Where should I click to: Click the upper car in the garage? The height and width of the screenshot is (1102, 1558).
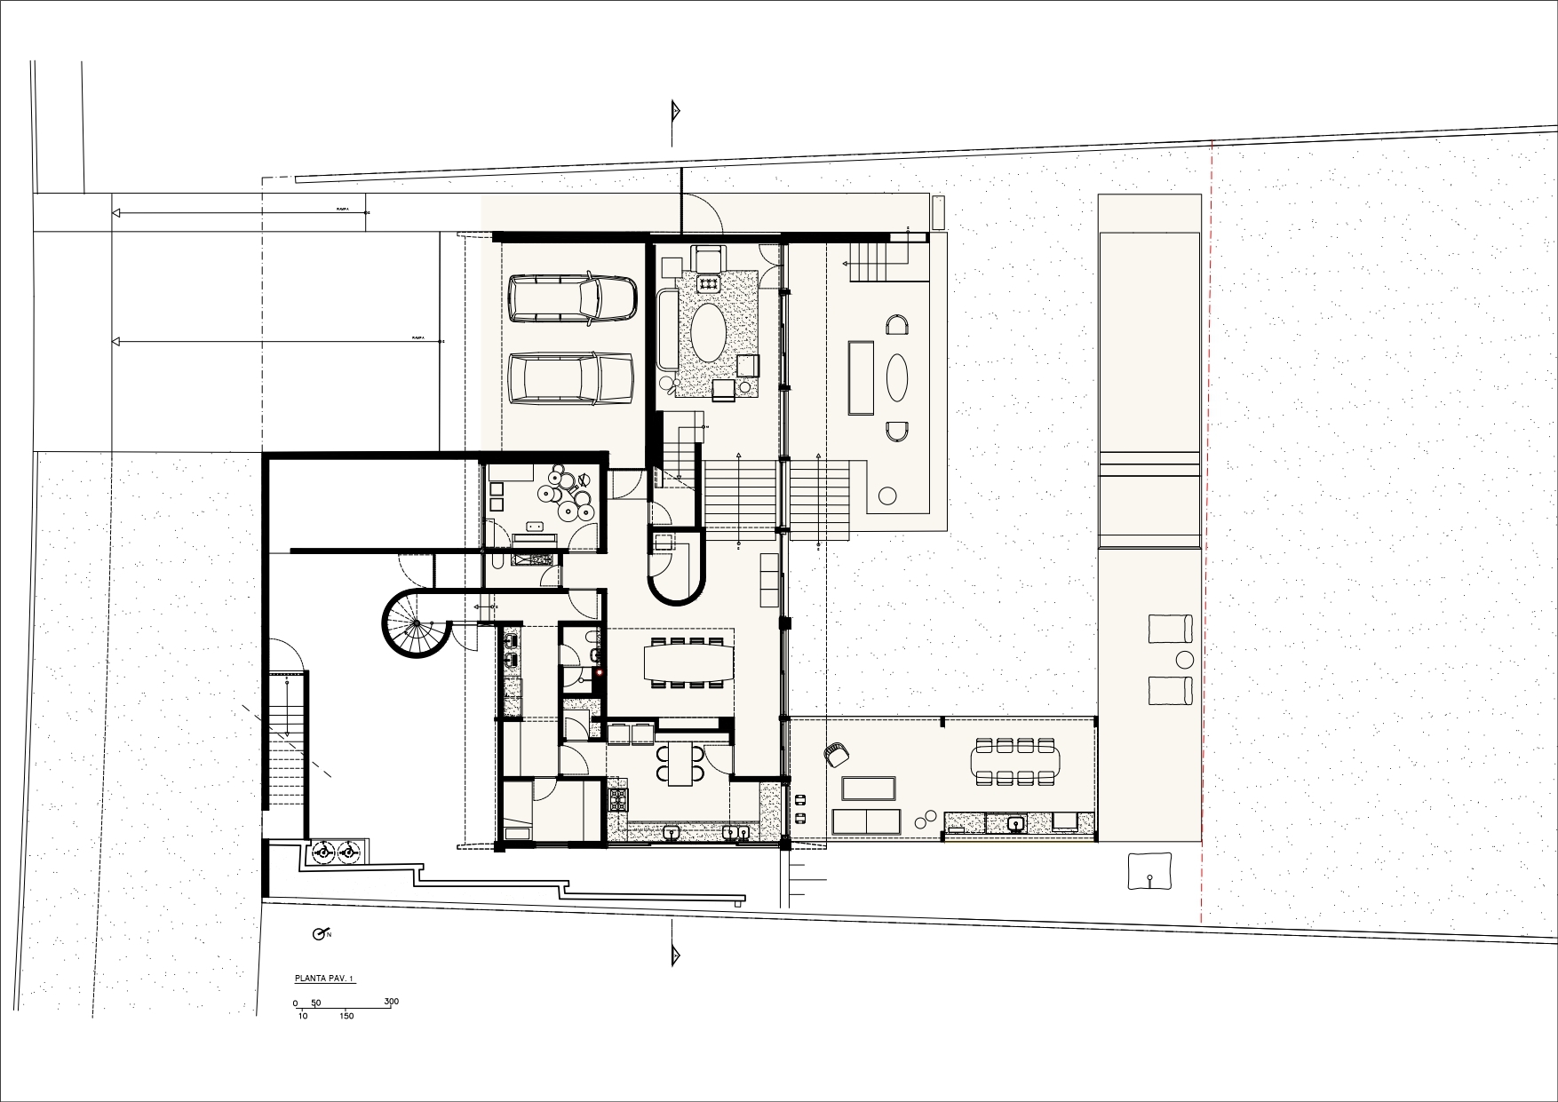coord(573,299)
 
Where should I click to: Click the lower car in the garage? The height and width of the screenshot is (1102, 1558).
coord(571,379)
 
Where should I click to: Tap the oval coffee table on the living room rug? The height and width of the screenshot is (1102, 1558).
coord(708,333)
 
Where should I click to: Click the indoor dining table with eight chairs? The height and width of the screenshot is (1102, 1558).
coord(690,662)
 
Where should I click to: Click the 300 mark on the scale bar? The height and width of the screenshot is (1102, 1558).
coord(391,1002)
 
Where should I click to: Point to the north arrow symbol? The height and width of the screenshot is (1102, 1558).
coord(321,934)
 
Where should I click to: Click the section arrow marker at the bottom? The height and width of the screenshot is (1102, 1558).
coord(675,955)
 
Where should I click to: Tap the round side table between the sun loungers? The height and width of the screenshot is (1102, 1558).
coord(1185,660)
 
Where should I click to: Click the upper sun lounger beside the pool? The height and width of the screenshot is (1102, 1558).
coord(1171,628)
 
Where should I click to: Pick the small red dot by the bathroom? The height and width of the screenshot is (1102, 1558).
coord(600,672)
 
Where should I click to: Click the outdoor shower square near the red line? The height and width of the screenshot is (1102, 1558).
coord(1149,871)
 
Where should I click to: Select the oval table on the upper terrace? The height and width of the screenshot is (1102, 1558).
coord(898,377)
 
